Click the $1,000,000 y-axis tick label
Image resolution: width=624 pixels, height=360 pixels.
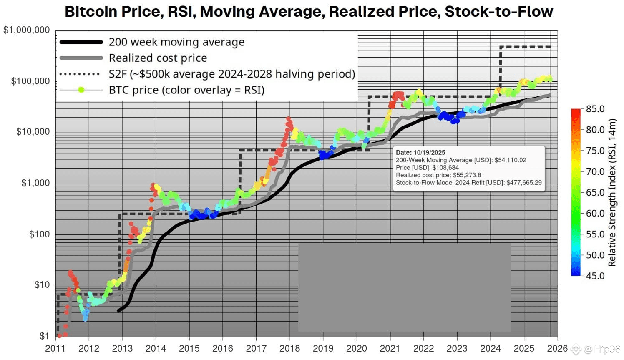(26, 30)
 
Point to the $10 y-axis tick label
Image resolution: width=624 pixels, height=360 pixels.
(42, 285)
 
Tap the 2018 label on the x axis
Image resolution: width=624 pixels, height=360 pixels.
(289, 348)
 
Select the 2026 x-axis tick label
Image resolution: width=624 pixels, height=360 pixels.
(557, 348)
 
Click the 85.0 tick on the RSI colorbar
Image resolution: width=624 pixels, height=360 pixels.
(595, 109)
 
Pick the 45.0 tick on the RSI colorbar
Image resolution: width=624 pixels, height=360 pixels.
(595, 276)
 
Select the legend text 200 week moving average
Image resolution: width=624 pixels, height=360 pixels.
(176, 42)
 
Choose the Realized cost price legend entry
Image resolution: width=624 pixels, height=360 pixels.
(158, 58)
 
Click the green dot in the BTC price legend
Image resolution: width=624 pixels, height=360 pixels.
(81, 90)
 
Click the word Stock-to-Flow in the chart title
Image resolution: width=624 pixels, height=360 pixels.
(499, 12)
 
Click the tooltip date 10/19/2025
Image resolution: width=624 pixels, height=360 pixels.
(429, 153)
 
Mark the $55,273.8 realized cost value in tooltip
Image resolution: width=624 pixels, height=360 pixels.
(467, 175)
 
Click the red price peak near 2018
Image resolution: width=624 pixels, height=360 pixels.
(288, 119)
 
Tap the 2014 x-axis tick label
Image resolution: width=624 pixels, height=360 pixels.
(156, 348)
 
